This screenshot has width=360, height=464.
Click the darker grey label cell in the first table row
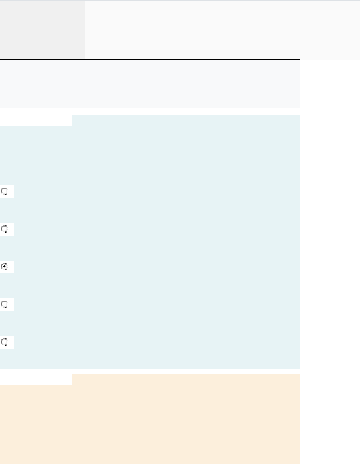tap(42, 6)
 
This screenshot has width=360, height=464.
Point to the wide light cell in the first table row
tap(222, 6)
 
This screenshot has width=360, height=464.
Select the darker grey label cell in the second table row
tap(42, 18)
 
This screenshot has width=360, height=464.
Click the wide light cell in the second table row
tap(222, 18)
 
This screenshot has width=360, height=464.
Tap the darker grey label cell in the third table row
tap(42, 30)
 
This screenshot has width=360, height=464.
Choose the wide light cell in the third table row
tap(222, 30)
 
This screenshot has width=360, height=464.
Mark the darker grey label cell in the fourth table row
tap(42, 42)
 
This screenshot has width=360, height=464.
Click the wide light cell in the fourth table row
tap(222, 42)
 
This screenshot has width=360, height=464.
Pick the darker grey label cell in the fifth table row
tap(42, 54)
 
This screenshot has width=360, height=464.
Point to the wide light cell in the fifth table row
tap(222, 54)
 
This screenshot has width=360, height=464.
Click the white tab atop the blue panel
tap(36, 120)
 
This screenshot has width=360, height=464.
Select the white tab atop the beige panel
tap(36, 379)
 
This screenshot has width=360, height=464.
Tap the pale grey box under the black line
tap(150, 84)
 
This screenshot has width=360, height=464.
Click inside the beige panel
tap(150, 423)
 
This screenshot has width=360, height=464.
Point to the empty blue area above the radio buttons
tap(150, 152)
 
